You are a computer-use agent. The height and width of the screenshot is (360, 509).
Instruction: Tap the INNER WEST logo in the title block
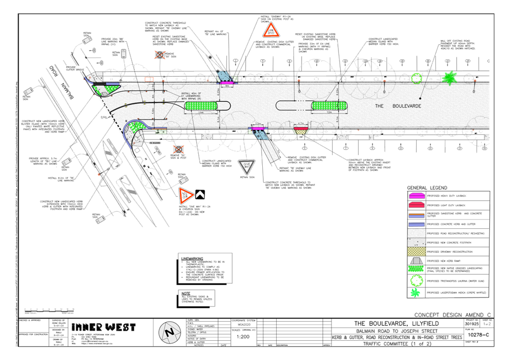click(103, 327)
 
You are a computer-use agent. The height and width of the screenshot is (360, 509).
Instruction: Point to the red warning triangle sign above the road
click(271, 30)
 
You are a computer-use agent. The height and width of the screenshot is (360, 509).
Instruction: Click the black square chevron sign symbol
click(201, 195)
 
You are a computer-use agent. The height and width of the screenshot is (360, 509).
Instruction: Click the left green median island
click(201, 106)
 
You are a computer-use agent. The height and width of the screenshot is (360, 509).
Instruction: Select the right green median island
click(329, 106)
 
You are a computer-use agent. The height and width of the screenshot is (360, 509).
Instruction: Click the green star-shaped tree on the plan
click(449, 78)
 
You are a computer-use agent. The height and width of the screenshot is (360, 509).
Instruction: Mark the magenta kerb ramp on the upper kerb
click(228, 83)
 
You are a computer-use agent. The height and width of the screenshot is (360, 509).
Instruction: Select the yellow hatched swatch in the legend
click(416, 251)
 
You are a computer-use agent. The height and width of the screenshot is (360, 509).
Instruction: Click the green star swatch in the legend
click(416, 292)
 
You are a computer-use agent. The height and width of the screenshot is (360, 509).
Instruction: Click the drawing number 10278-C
click(476, 336)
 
